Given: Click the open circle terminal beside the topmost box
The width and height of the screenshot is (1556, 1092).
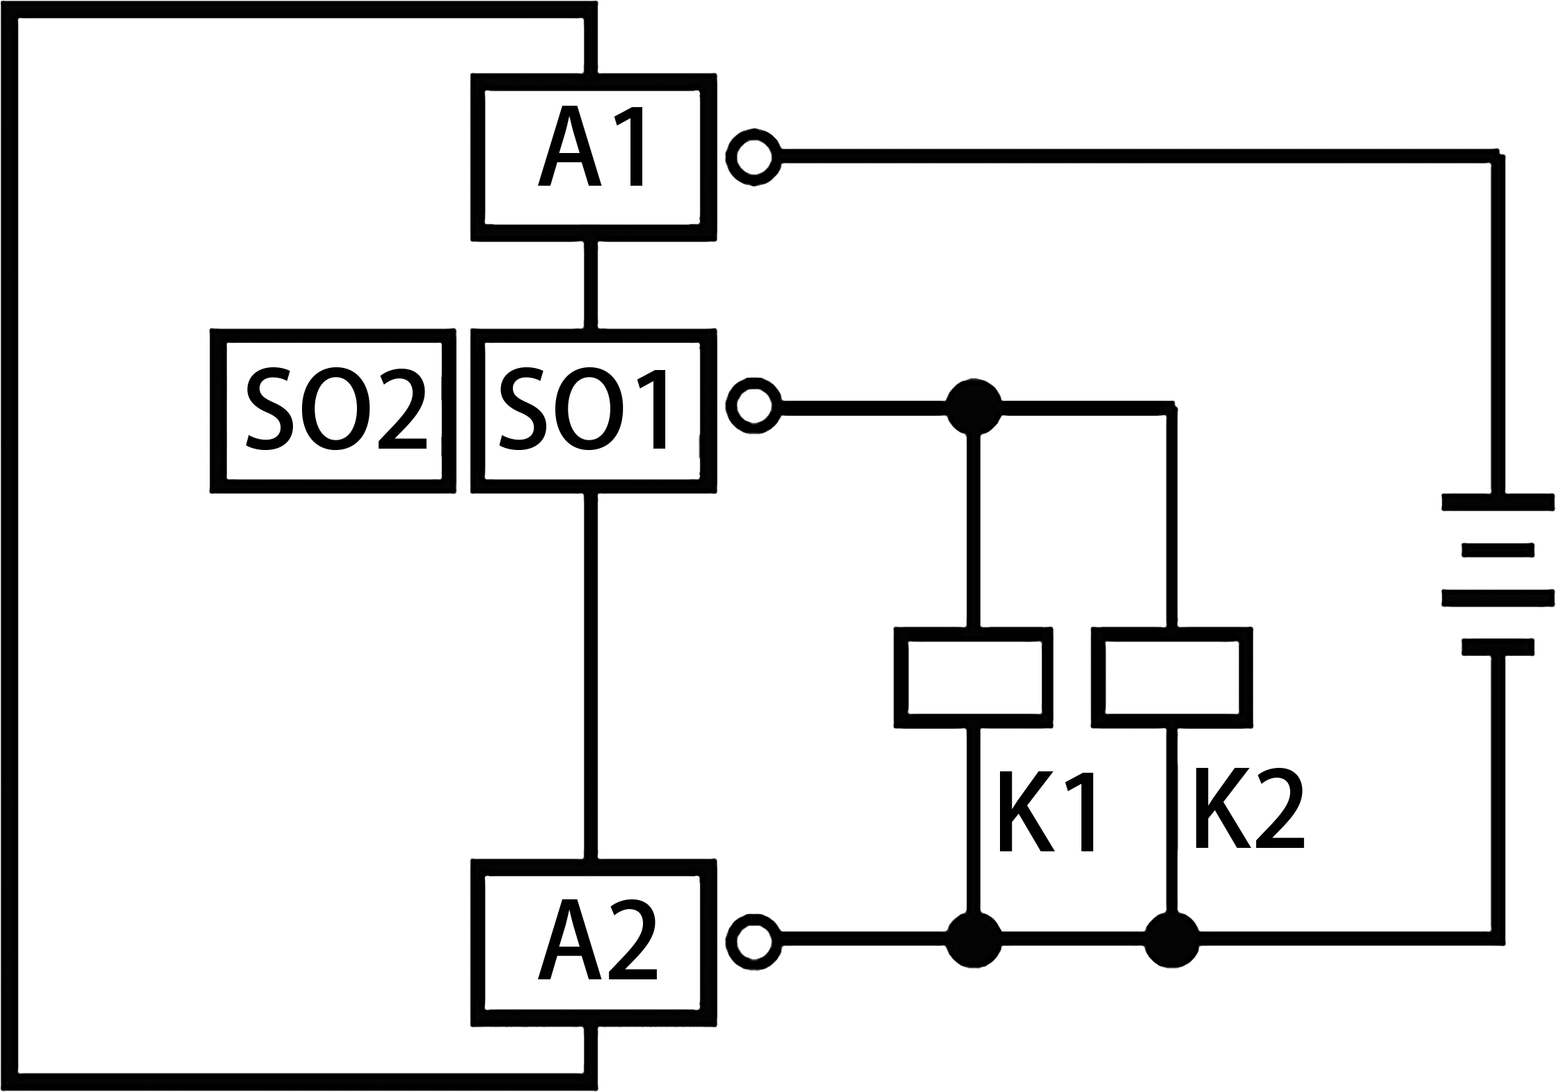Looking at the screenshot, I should pos(753,156).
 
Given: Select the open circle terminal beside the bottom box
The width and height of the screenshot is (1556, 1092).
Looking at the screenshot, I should pos(753,942).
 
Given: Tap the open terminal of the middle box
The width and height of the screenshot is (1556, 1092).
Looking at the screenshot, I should pos(753,406).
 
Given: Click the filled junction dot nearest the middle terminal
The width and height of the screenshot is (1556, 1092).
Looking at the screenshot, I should pos(974,407).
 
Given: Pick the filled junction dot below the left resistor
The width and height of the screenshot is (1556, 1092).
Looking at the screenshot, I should pos(974,940).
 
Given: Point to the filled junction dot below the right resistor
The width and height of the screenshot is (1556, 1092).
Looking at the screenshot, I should pos(1173,940).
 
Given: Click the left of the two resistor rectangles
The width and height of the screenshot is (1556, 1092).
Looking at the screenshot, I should pos(973,677).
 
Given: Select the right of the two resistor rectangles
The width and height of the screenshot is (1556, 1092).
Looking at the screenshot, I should pos(1172,677).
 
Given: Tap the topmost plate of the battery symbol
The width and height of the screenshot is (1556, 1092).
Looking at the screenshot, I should pos(1498,501).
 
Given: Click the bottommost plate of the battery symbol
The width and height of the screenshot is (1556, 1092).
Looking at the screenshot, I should pos(1498,647).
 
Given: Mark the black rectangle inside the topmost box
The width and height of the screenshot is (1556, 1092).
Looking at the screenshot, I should pos(589,145).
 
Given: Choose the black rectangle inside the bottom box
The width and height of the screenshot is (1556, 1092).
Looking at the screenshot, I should pos(597,940).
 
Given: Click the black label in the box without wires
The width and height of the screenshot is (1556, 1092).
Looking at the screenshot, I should pos(335,408).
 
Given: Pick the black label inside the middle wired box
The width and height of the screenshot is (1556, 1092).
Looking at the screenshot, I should pos(582,408).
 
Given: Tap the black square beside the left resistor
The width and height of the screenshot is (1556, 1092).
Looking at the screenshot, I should pos(1046,811).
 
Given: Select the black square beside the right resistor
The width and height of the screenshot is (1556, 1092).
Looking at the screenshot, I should pos(1250,808).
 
